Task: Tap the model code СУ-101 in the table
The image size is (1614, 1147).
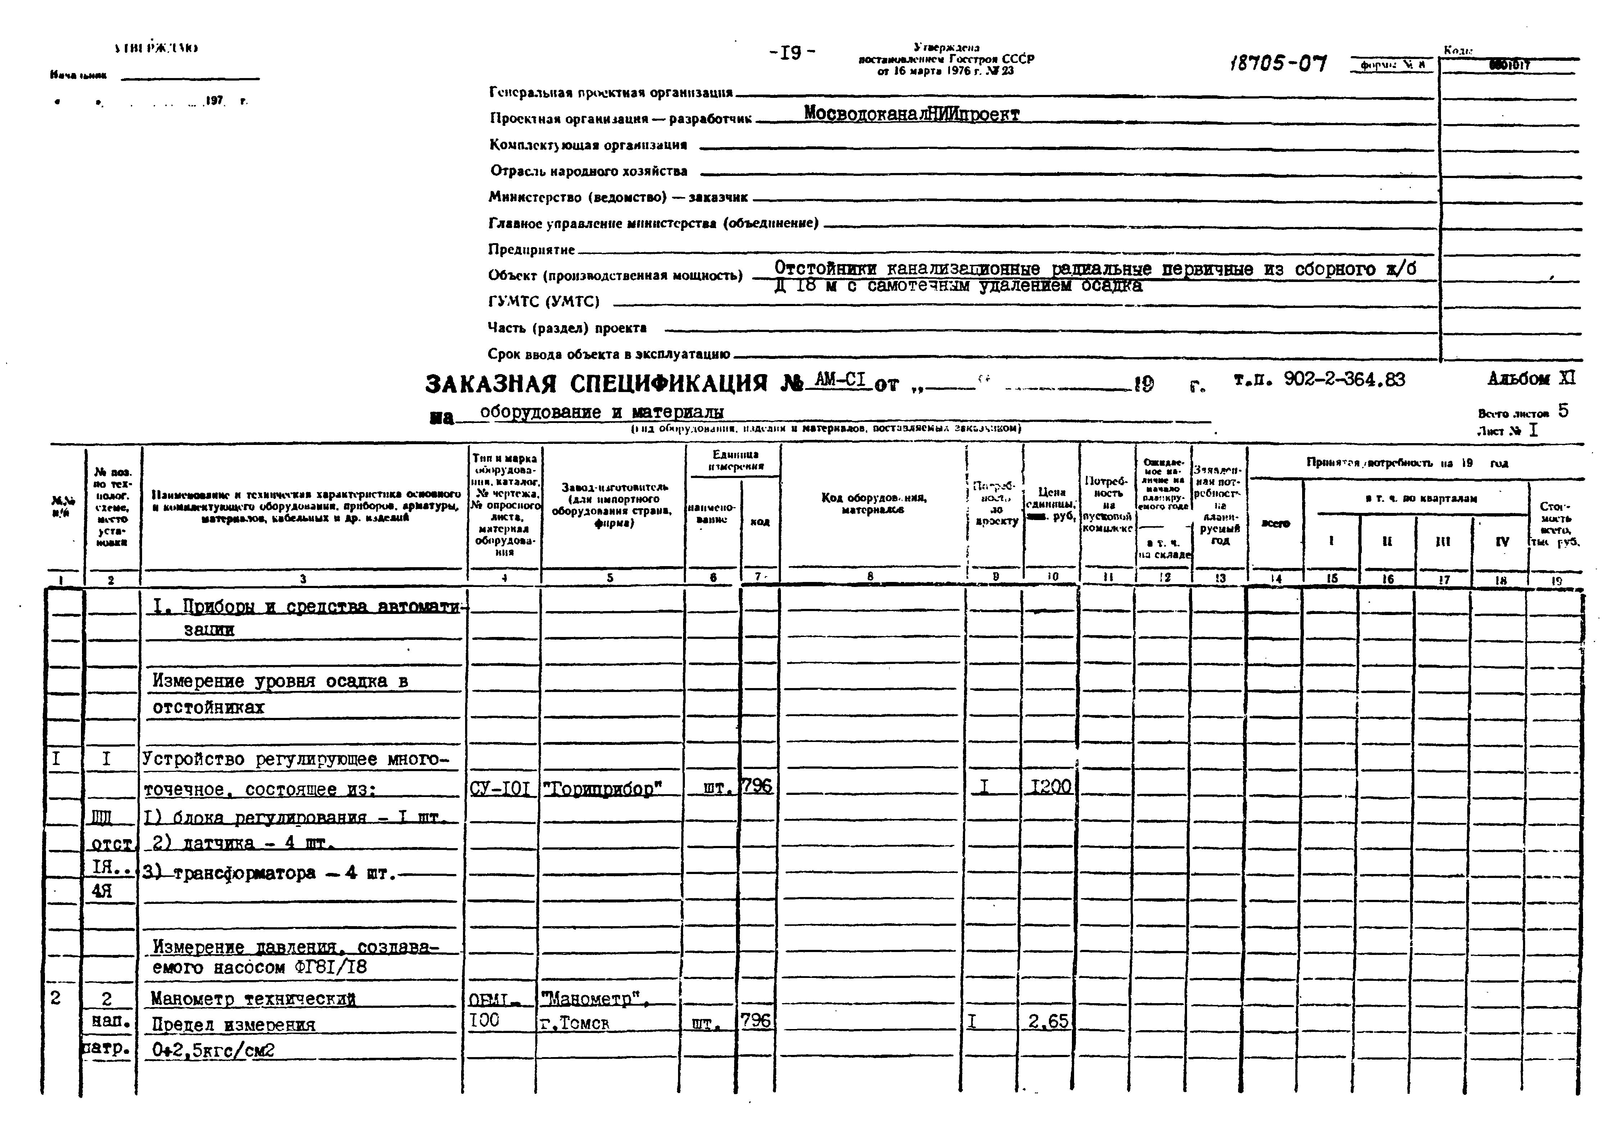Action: click(x=500, y=788)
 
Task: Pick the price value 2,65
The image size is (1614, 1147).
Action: click(x=1048, y=1021)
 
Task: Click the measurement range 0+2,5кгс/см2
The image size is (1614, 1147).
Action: click(x=213, y=1050)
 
